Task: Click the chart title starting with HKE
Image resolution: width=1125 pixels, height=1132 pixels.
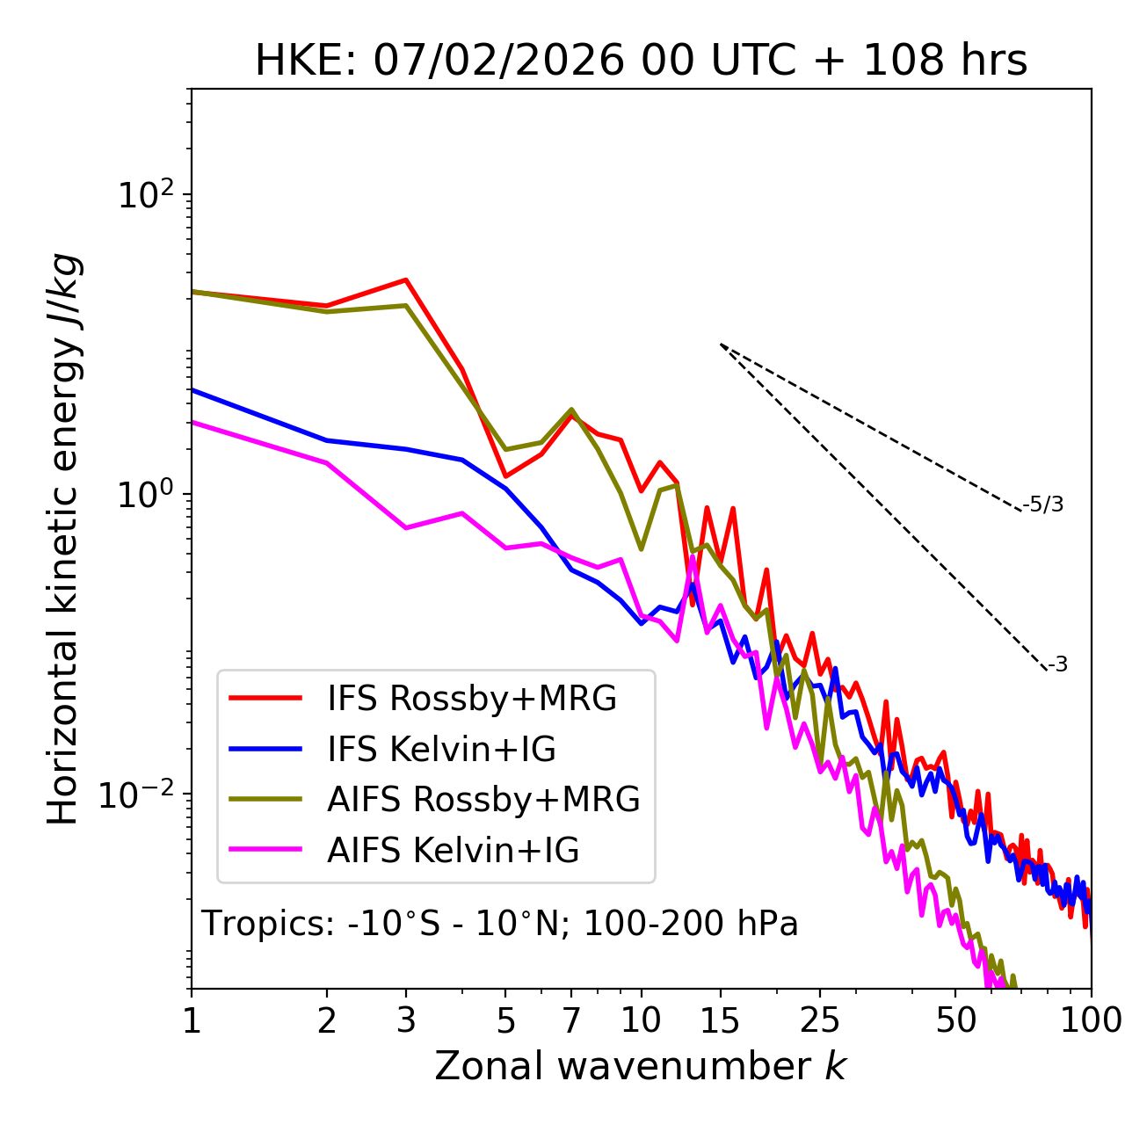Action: (641, 62)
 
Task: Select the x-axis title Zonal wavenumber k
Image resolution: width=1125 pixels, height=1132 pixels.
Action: (641, 1066)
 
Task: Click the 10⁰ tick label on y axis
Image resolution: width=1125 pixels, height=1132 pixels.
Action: (145, 494)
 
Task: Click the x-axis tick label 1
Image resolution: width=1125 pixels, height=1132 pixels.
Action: (192, 1020)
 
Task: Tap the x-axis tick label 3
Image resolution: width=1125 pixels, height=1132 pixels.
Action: (406, 1020)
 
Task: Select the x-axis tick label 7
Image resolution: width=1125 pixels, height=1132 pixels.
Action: (571, 1020)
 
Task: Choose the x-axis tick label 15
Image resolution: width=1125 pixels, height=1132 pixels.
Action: (720, 1020)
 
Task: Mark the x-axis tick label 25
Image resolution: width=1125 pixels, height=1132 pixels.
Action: (820, 1020)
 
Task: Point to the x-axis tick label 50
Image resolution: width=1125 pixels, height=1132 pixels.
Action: (955, 1020)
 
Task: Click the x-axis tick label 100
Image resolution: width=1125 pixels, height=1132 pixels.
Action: (1090, 1020)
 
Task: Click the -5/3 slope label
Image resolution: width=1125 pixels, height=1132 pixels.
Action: (1043, 505)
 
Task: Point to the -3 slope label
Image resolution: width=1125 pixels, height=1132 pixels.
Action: (1058, 665)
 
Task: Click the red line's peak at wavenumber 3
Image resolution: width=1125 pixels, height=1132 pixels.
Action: (405, 280)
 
